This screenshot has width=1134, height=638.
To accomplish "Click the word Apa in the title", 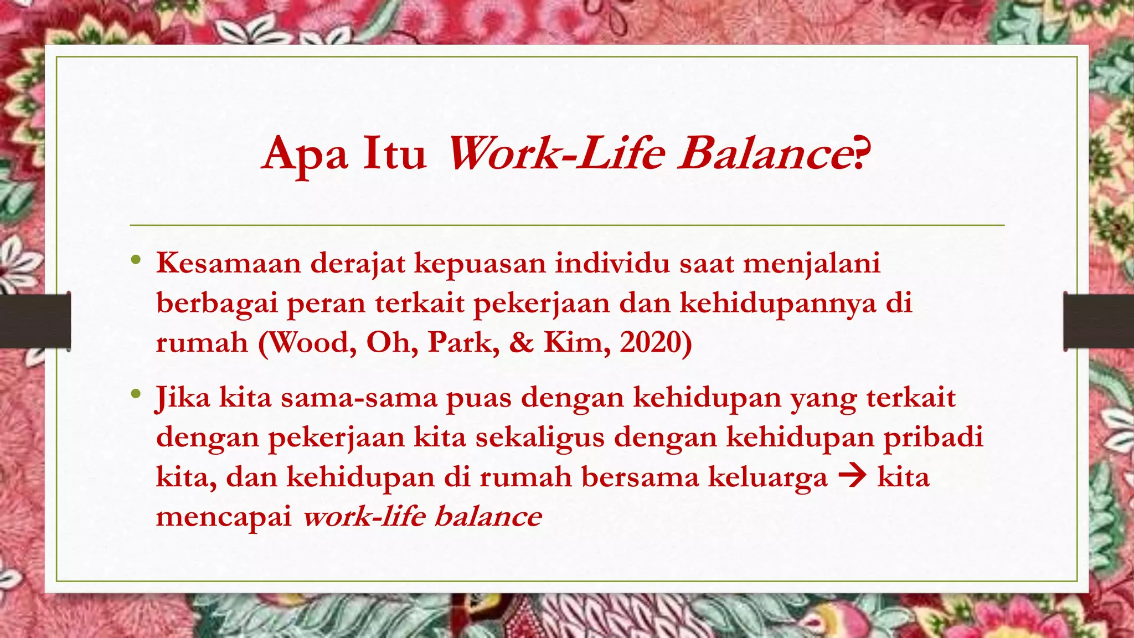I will (x=305, y=155).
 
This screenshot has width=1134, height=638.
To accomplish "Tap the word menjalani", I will (x=811, y=264).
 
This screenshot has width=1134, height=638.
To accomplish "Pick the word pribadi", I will (x=932, y=438).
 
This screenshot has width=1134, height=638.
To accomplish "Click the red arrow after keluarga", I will (x=852, y=477).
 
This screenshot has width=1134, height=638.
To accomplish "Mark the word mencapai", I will (x=224, y=517).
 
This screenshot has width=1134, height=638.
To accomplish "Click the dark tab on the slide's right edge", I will (x=1099, y=321).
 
